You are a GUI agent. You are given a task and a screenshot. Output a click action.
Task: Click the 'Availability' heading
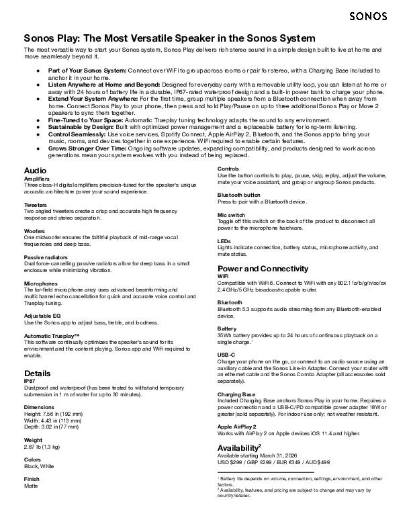[x=239, y=447]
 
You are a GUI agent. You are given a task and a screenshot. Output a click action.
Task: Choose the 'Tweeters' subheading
[x=36, y=204]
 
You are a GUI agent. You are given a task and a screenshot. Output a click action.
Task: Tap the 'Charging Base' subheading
[x=236, y=394]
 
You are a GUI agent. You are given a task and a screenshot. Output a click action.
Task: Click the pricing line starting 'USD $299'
[x=274, y=462]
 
